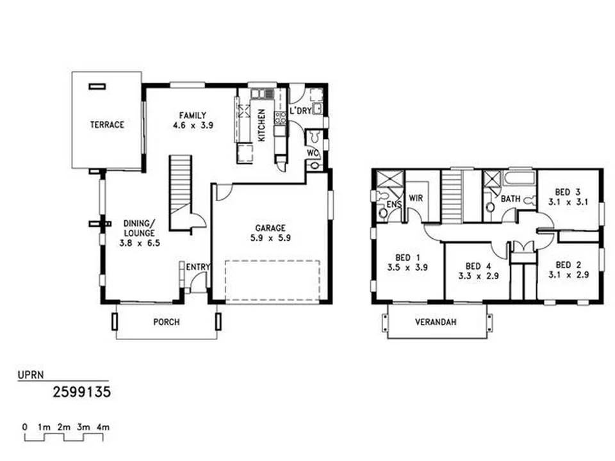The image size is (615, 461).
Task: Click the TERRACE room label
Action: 107,125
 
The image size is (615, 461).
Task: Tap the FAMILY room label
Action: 192,116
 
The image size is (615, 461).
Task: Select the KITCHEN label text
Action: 261,125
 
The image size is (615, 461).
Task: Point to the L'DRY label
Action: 300,111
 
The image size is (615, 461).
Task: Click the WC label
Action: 312,153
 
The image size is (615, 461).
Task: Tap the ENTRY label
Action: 197,266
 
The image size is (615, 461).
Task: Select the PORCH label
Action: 166,322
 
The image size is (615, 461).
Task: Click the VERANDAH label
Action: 436,322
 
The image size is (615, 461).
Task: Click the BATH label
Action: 511,199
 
